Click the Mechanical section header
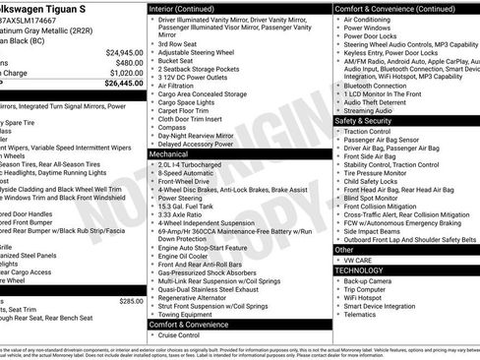point(171,154)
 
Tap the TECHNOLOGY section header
point(359,270)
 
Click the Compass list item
point(171,126)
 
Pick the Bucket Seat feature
point(177,60)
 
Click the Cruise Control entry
point(181,334)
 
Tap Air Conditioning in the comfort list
point(367,19)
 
